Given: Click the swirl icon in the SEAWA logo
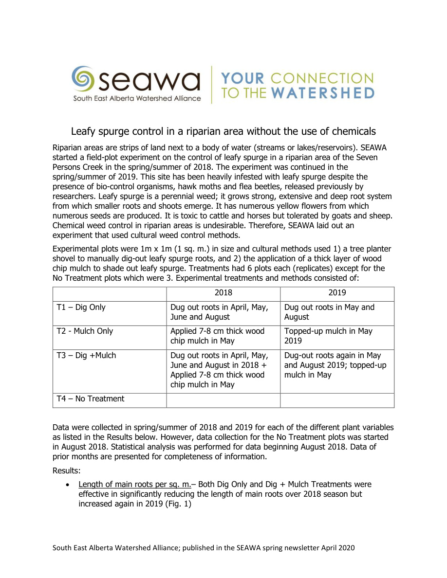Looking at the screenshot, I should [83, 78].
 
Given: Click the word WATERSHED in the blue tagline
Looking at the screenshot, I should [330, 93].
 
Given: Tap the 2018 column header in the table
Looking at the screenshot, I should [223, 293].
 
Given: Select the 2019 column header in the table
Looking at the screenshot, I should [337, 293].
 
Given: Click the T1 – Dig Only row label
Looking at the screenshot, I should [81, 307].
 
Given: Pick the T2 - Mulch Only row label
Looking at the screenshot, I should [85, 331].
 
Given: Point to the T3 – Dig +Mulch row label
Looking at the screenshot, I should [86, 356].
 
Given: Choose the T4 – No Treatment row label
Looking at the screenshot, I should [91, 399].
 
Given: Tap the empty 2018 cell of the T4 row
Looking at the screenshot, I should [223, 400].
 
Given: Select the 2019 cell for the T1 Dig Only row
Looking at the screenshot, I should [330, 312].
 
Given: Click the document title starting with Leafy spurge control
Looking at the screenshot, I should [223, 131].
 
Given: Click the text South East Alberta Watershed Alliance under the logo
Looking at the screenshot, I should [137, 98].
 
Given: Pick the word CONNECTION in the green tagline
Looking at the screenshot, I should [321, 78].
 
